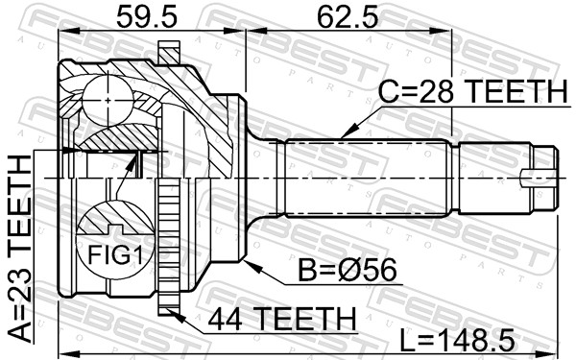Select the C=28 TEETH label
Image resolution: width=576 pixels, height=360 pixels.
pyautogui.click(x=470, y=94)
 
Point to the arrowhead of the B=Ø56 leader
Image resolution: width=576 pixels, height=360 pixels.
pyautogui.click(x=249, y=259)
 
